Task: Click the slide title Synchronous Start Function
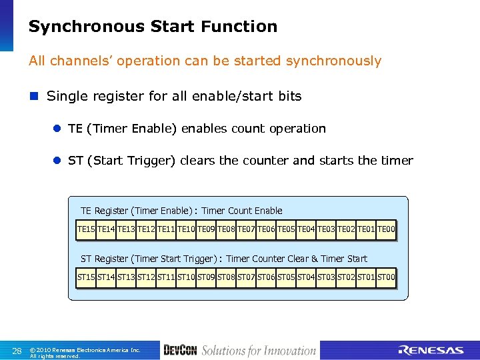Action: click(x=153, y=27)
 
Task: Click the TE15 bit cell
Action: click(x=86, y=230)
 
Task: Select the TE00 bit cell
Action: click(x=386, y=230)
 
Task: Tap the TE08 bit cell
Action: click(x=226, y=230)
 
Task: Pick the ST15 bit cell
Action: click(x=86, y=276)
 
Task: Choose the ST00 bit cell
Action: click(x=386, y=276)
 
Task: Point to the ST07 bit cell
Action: click(x=246, y=276)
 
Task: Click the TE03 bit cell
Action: click(x=326, y=230)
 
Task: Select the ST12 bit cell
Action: click(x=146, y=276)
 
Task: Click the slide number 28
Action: click(x=17, y=351)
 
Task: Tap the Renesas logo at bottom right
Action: click(x=431, y=351)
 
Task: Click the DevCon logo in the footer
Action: click(x=179, y=351)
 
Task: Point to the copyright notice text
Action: click(x=85, y=353)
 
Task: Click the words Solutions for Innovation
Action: click(x=259, y=351)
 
